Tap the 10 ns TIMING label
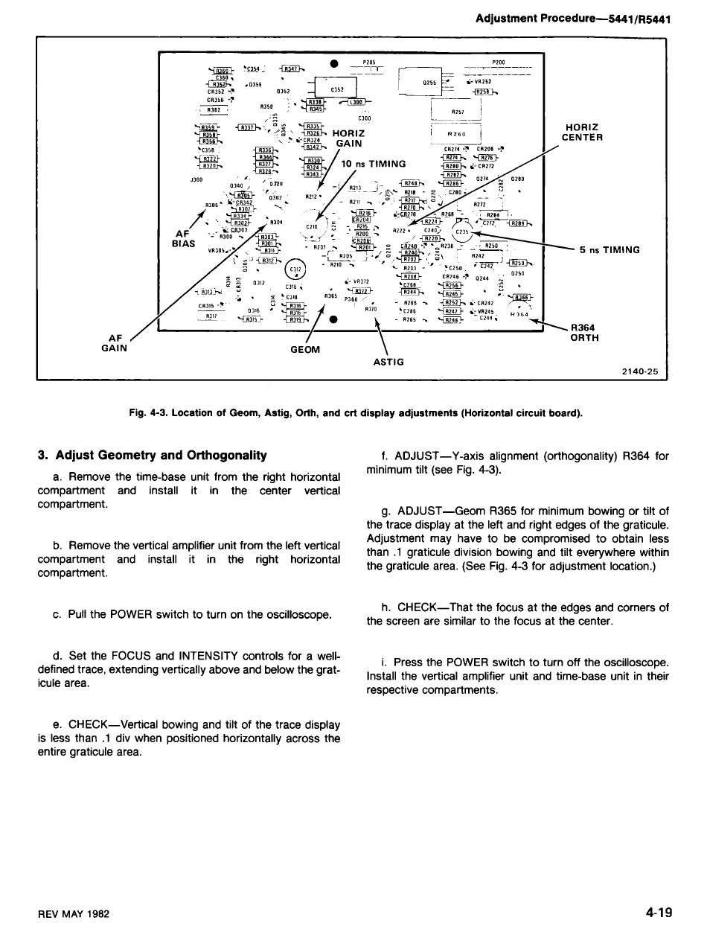373,164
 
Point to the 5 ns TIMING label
610,249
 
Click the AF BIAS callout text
183,237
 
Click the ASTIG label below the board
388,362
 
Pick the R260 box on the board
456,135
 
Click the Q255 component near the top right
429,83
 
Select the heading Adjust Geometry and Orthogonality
153,455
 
